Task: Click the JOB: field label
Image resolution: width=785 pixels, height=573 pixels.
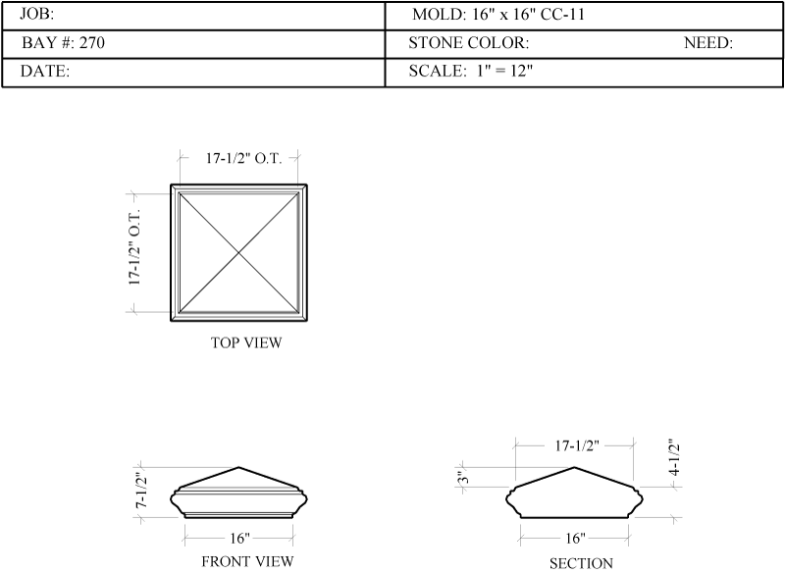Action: (36, 14)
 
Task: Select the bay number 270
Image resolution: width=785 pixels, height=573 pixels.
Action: (92, 42)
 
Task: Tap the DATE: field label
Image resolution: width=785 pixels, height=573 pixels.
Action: (44, 71)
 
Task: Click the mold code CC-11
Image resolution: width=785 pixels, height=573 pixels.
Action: (562, 15)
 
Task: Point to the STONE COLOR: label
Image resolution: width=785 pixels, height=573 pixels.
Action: (469, 43)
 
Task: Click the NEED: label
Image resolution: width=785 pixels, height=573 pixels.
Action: (708, 43)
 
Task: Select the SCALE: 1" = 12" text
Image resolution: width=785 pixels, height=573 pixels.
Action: (471, 71)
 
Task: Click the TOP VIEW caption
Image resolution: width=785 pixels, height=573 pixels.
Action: (246, 342)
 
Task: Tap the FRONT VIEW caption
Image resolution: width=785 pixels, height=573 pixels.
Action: (247, 561)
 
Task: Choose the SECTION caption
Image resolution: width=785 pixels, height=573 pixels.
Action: (581, 563)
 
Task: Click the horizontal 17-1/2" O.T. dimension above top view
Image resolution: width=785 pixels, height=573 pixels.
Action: (243, 158)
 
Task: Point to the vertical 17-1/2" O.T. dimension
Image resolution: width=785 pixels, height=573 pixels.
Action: (134, 247)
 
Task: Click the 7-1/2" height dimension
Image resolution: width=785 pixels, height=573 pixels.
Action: (142, 491)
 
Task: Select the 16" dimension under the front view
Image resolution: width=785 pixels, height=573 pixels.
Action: (239, 539)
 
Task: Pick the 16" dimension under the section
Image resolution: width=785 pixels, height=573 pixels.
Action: (575, 539)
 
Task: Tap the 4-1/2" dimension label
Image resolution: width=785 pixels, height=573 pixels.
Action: (674, 457)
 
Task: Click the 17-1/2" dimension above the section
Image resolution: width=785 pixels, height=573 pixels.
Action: (577, 445)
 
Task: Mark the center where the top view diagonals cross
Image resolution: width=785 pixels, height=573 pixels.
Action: (238, 253)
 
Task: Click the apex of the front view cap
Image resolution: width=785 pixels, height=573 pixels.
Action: (238, 467)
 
